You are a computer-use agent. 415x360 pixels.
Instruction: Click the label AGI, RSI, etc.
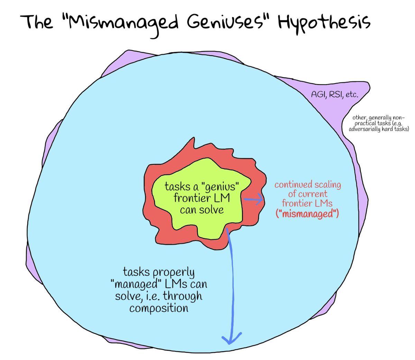coord(334,94)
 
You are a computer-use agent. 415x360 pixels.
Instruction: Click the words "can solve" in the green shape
coord(202,210)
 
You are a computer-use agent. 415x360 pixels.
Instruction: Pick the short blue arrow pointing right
coord(254,200)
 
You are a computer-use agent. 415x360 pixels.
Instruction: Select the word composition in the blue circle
coord(159,308)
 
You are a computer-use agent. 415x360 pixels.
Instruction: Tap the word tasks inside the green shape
coord(177,187)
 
